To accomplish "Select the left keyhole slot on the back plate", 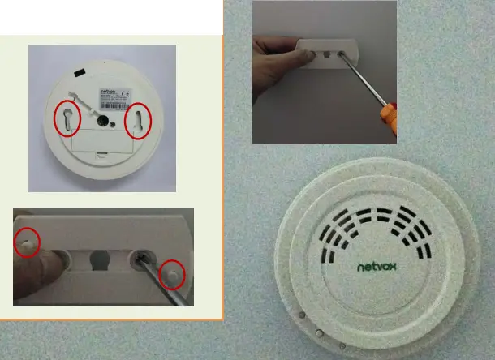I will [67, 120].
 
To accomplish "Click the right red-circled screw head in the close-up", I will [172, 275].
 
